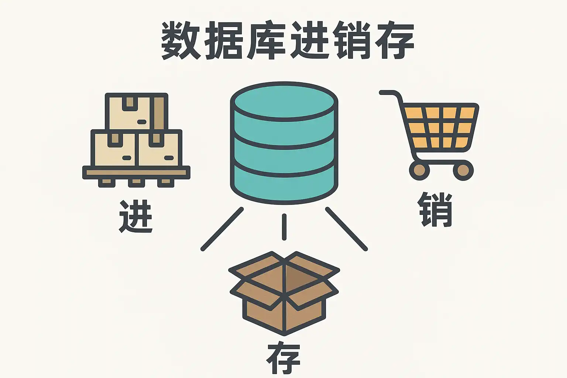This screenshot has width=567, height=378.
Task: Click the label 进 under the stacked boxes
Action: point(136,216)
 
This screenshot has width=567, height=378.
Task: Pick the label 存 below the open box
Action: point(283,359)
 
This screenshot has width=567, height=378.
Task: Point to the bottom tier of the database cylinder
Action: point(284,185)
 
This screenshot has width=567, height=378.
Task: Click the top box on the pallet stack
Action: point(136,111)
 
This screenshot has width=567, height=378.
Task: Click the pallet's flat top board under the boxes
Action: point(136,172)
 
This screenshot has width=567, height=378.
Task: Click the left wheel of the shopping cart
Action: point(419,170)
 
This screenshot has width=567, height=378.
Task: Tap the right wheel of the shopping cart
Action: point(463,170)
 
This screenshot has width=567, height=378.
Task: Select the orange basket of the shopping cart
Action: point(439,127)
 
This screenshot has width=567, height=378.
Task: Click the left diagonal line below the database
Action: point(222,229)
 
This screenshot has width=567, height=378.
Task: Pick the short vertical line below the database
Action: point(284,227)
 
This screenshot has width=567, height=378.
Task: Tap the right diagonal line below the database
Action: point(346,229)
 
